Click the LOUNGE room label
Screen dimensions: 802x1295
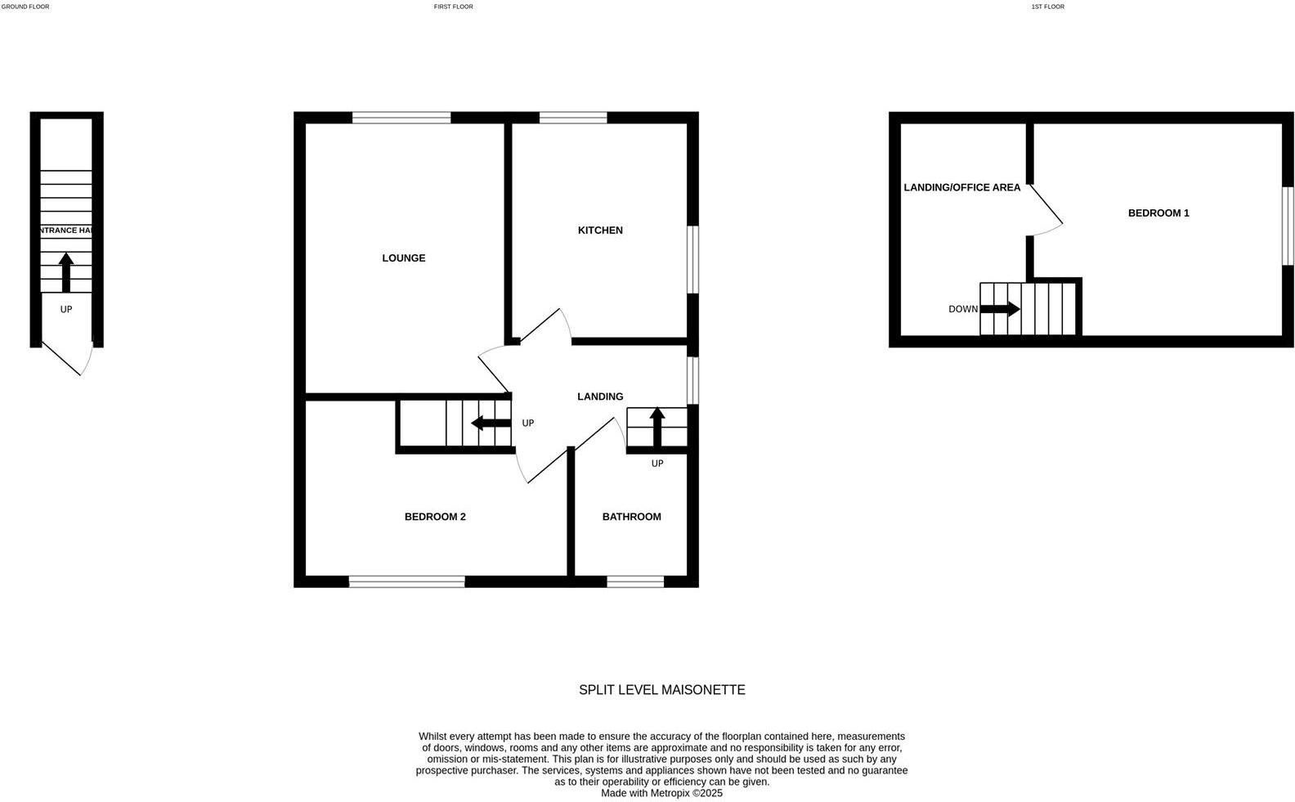pyautogui.click(x=403, y=258)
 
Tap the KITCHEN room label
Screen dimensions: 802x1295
pyautogui.click(x=600, y=231)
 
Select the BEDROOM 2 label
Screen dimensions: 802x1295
pyautogui.click(x=435, y=517)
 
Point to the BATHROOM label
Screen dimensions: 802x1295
pyautogui.click(x=631, y=517)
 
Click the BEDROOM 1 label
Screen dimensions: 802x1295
pyautogui.click(x=1158, y=213)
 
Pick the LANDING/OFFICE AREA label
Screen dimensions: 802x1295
pyautogui.click(x=961, y=188)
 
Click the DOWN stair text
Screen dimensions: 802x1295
pyautogui.click(x=962, y=309)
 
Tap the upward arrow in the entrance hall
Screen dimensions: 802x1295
pyautogui.click(x=66, y=271)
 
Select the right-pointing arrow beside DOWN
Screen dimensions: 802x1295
pyautogui.click(x=1000, y=309)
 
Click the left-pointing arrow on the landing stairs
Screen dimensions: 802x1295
pyautogui.click(x=491, y=423)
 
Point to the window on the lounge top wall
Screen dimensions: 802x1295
pyautogui.click(x=401, y=118)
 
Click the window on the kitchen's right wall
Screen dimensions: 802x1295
pyautogui.click(x=692, y=259)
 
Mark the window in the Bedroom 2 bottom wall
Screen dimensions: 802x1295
pyautogui.click(x=406, y=581)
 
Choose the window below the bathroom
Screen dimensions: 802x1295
pyautogui.click(x=635, y=581)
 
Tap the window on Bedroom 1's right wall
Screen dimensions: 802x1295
pyautogui.click(x=1288, y=226)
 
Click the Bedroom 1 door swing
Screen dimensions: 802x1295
pyautogui.click(x=1046, y=211)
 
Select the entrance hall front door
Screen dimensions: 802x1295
pyautogui.click(x=66, y=358)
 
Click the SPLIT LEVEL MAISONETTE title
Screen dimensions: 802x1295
pyautogui.click(x=661, y=690)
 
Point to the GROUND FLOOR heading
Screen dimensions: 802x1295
pyautogui.click(x=25, y=7)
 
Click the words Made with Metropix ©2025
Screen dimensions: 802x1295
pyautogui.click(x=661, y=793)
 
